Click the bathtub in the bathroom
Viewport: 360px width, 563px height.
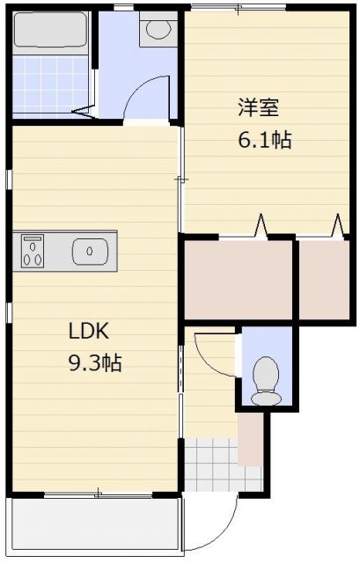(51, 29)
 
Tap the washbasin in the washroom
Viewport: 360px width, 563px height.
(158, 29)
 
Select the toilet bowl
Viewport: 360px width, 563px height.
(266, 381)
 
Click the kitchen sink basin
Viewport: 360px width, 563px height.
(90, 252)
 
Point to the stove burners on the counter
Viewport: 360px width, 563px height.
(33, 251)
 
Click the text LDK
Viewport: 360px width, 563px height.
(89, 331)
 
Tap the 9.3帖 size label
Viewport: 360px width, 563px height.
(95, 362)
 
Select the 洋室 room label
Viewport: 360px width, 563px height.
(258, 107)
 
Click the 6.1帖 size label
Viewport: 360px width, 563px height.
(264, 140)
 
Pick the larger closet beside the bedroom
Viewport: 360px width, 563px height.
(238, 280)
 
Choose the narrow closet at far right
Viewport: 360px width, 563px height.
(324, 280)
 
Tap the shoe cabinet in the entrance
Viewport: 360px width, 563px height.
(251, 439)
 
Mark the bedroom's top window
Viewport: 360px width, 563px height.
(239, 8)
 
